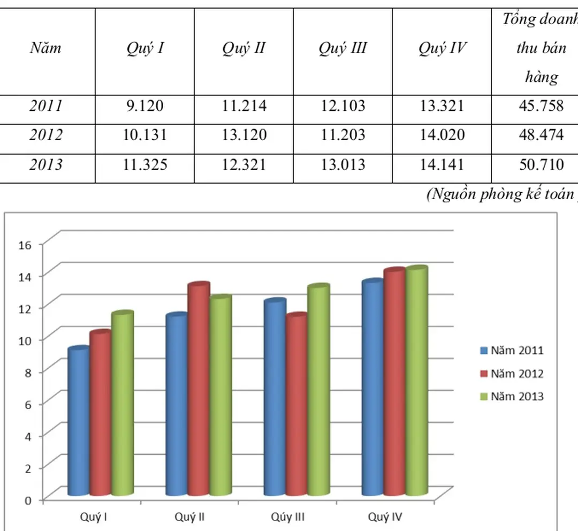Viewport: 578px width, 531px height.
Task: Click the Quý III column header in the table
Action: (343, 49)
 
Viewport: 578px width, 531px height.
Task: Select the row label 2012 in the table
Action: (45, 134)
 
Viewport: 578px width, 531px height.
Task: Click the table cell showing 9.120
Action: (144, 105)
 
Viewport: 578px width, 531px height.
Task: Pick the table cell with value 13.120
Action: (244, 134)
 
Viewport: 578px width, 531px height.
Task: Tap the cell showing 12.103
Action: (343, 105)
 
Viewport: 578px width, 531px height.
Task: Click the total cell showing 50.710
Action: (541, 164)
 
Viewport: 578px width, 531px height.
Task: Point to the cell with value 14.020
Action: (442, 134)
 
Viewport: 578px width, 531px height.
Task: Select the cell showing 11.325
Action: (144, 164)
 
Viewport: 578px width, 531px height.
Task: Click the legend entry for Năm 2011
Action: (511, 351)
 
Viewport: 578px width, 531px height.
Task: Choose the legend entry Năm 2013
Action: (511, 396)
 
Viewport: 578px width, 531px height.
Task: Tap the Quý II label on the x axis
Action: (190, 517)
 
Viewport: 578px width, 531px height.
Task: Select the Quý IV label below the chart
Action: (385, 517)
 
